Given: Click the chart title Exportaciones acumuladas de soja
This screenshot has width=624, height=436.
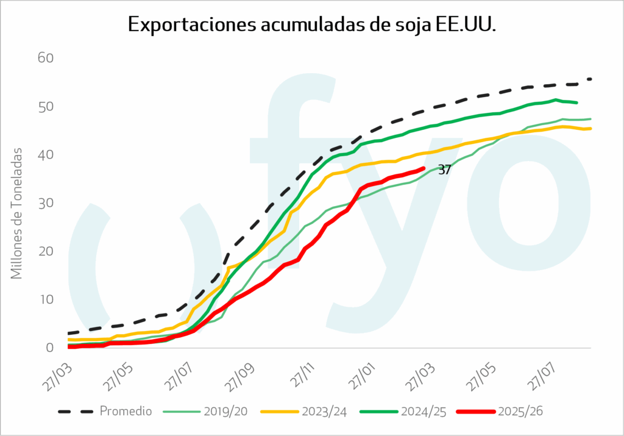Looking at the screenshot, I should point(312,24).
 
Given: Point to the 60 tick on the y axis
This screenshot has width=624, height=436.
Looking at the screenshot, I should point(46,59).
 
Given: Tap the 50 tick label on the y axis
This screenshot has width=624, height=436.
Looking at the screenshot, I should point(46,107).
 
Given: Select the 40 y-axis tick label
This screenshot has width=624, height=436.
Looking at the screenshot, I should point(46,155).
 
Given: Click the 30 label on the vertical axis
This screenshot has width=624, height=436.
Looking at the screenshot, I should point(46,203).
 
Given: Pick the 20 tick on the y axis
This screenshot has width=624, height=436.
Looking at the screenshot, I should point(46,251).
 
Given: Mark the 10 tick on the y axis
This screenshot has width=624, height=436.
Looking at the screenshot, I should point(46,299).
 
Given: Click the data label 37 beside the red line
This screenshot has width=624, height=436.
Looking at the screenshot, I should point(444,170).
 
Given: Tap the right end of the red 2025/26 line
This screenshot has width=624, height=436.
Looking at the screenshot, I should point(424,168).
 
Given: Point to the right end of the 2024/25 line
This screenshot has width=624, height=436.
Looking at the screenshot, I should point(576,102).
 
